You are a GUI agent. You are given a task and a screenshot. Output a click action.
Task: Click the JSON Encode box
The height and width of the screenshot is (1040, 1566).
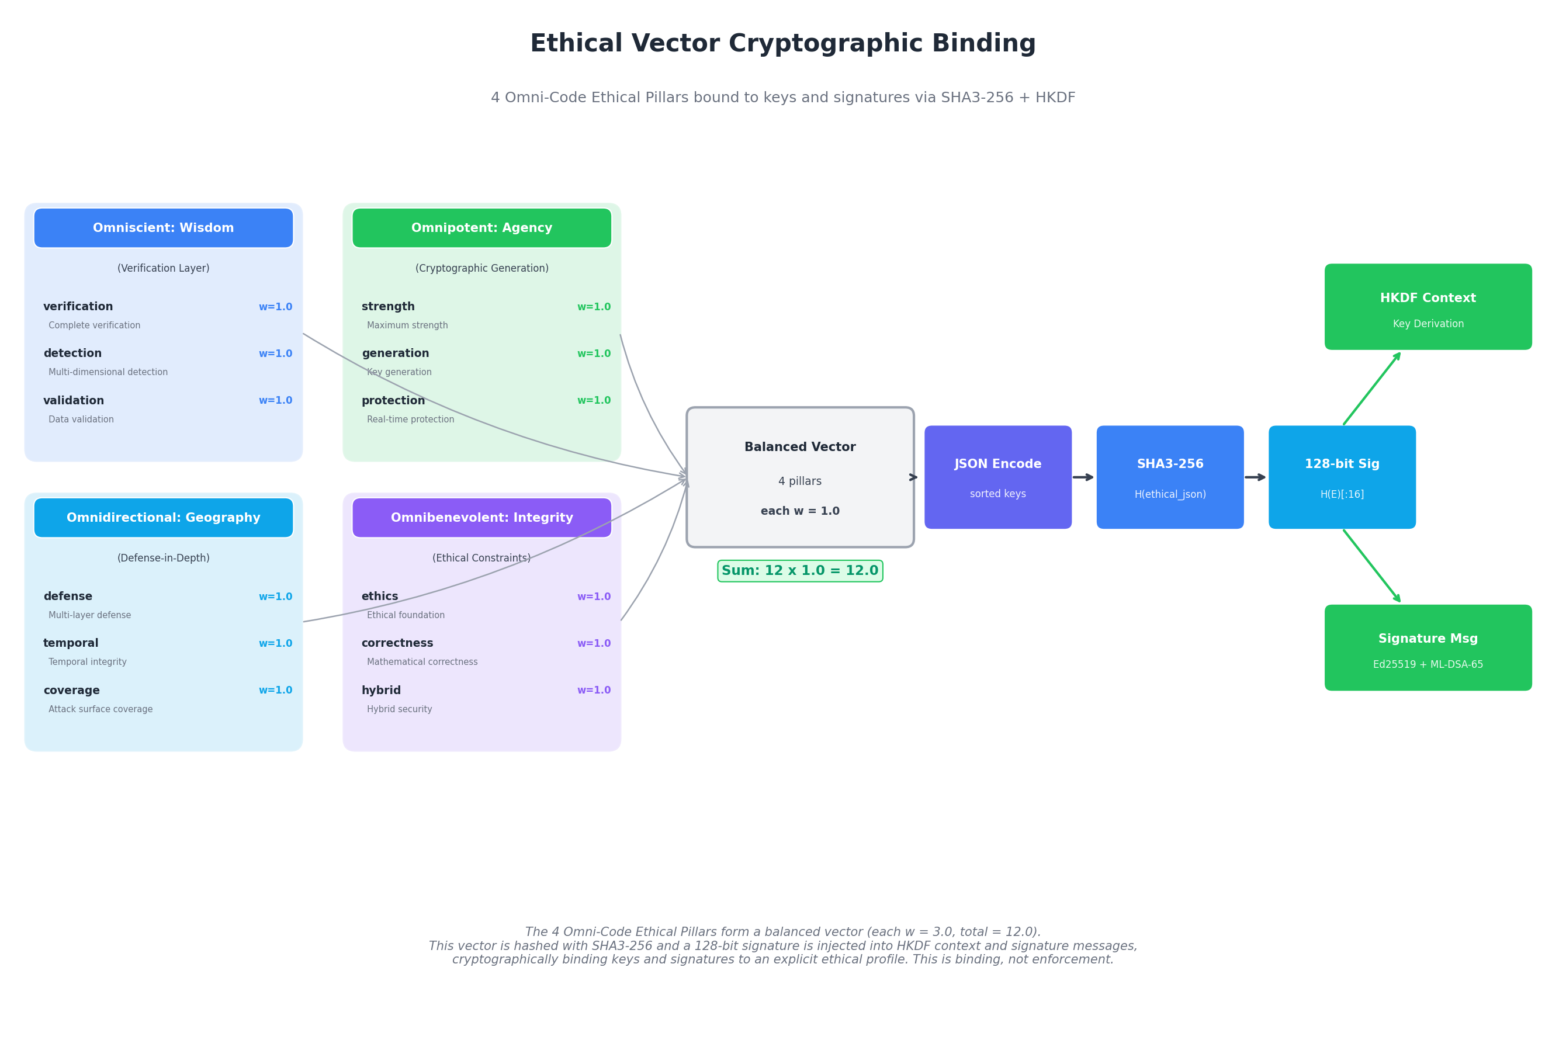click(x=997, y=477)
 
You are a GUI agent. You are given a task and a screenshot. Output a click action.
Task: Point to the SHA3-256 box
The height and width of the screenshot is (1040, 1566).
click(x=1170, y=477)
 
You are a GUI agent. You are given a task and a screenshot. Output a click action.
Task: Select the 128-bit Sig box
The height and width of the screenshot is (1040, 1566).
click(x=1342, y=477)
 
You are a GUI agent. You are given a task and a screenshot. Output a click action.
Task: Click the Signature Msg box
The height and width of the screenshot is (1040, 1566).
click(x=1428, y=647)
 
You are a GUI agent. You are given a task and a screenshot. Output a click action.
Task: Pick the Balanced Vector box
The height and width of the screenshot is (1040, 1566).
click(x=800, y=477)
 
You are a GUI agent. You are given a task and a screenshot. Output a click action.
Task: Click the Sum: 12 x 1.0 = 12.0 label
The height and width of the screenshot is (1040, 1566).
click(x=800, y=571)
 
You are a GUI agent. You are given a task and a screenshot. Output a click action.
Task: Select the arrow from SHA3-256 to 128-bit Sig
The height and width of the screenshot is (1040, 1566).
click(x=1256, y=477)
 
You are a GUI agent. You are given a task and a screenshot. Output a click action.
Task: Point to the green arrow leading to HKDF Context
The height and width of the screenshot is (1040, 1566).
click(x=1371, y=389)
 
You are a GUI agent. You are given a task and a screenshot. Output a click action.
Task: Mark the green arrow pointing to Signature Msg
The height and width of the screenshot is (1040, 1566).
click(x=1371, y=566)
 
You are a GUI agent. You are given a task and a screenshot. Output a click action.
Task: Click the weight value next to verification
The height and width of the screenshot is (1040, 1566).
click(x=275, y=307)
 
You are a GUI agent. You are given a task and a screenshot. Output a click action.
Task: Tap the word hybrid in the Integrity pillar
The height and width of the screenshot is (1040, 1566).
click(x=381, y=691)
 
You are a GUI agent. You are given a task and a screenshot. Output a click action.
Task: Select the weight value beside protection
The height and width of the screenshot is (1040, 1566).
click(x=594, y=401)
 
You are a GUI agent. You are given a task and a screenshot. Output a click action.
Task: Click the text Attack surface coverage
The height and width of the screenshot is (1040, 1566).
click(x=100, y=709)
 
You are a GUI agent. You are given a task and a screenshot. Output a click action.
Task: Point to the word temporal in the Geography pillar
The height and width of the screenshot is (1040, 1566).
click(x=70, y=643)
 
